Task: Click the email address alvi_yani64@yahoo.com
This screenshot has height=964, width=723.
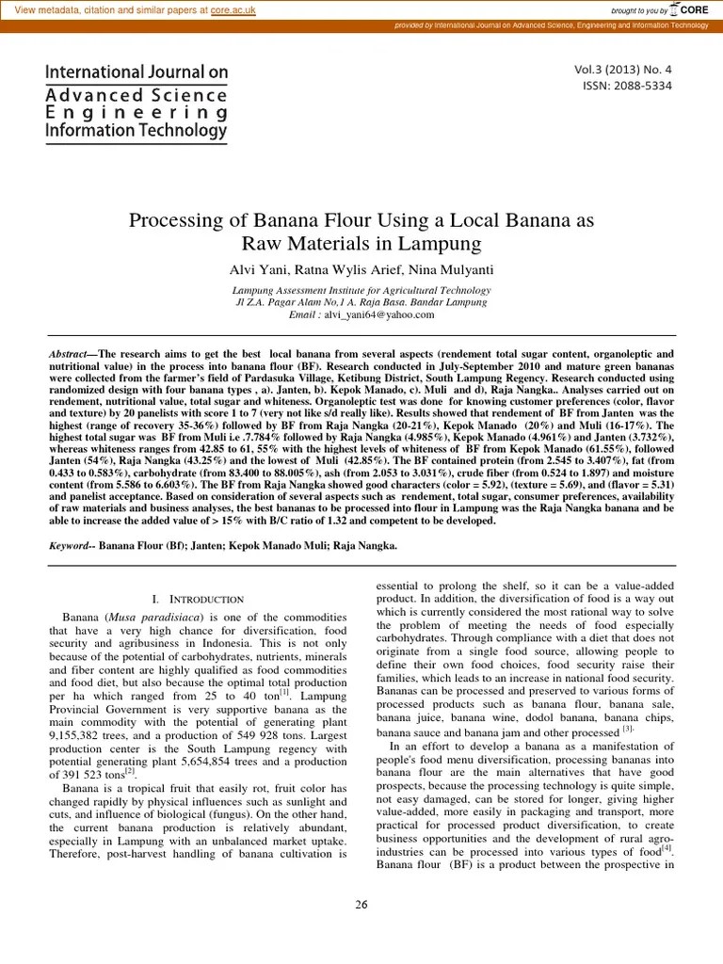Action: click(380, 315)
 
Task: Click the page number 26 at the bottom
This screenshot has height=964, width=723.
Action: click(361, 905)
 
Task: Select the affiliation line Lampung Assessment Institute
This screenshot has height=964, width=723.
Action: click(362, 291)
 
